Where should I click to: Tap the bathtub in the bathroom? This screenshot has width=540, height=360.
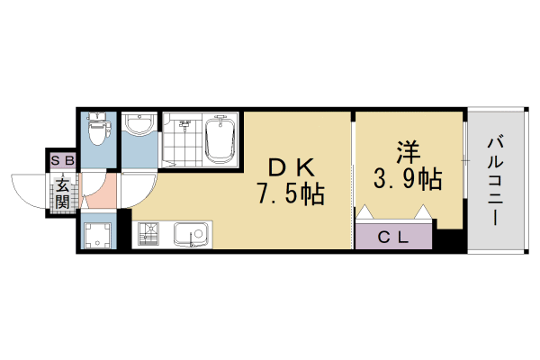220,139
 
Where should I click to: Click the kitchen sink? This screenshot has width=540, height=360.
190,236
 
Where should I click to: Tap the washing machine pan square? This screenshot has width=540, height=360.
97,236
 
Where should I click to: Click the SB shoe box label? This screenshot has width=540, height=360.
61,161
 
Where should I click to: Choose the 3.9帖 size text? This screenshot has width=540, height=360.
407,180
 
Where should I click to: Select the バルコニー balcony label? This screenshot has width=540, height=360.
496,180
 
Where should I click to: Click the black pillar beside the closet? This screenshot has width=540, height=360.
447,241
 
